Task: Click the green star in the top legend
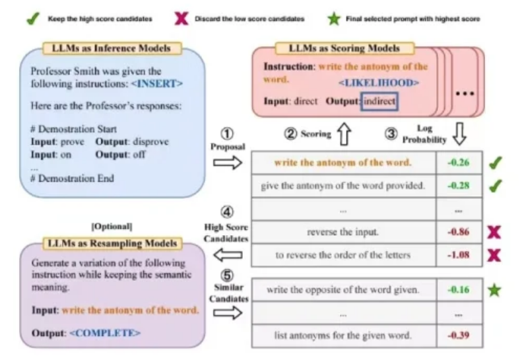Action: point(333,18)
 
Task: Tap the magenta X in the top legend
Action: point(181,18)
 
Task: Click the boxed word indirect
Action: point(379,101)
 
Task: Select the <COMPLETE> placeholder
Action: point(107,334)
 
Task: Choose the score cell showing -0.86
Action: point(459,232)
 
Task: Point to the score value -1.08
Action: point(459,255)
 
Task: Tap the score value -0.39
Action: point(459,335)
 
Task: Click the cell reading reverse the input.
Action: point(343,232)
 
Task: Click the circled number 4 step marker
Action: point(228,213)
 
